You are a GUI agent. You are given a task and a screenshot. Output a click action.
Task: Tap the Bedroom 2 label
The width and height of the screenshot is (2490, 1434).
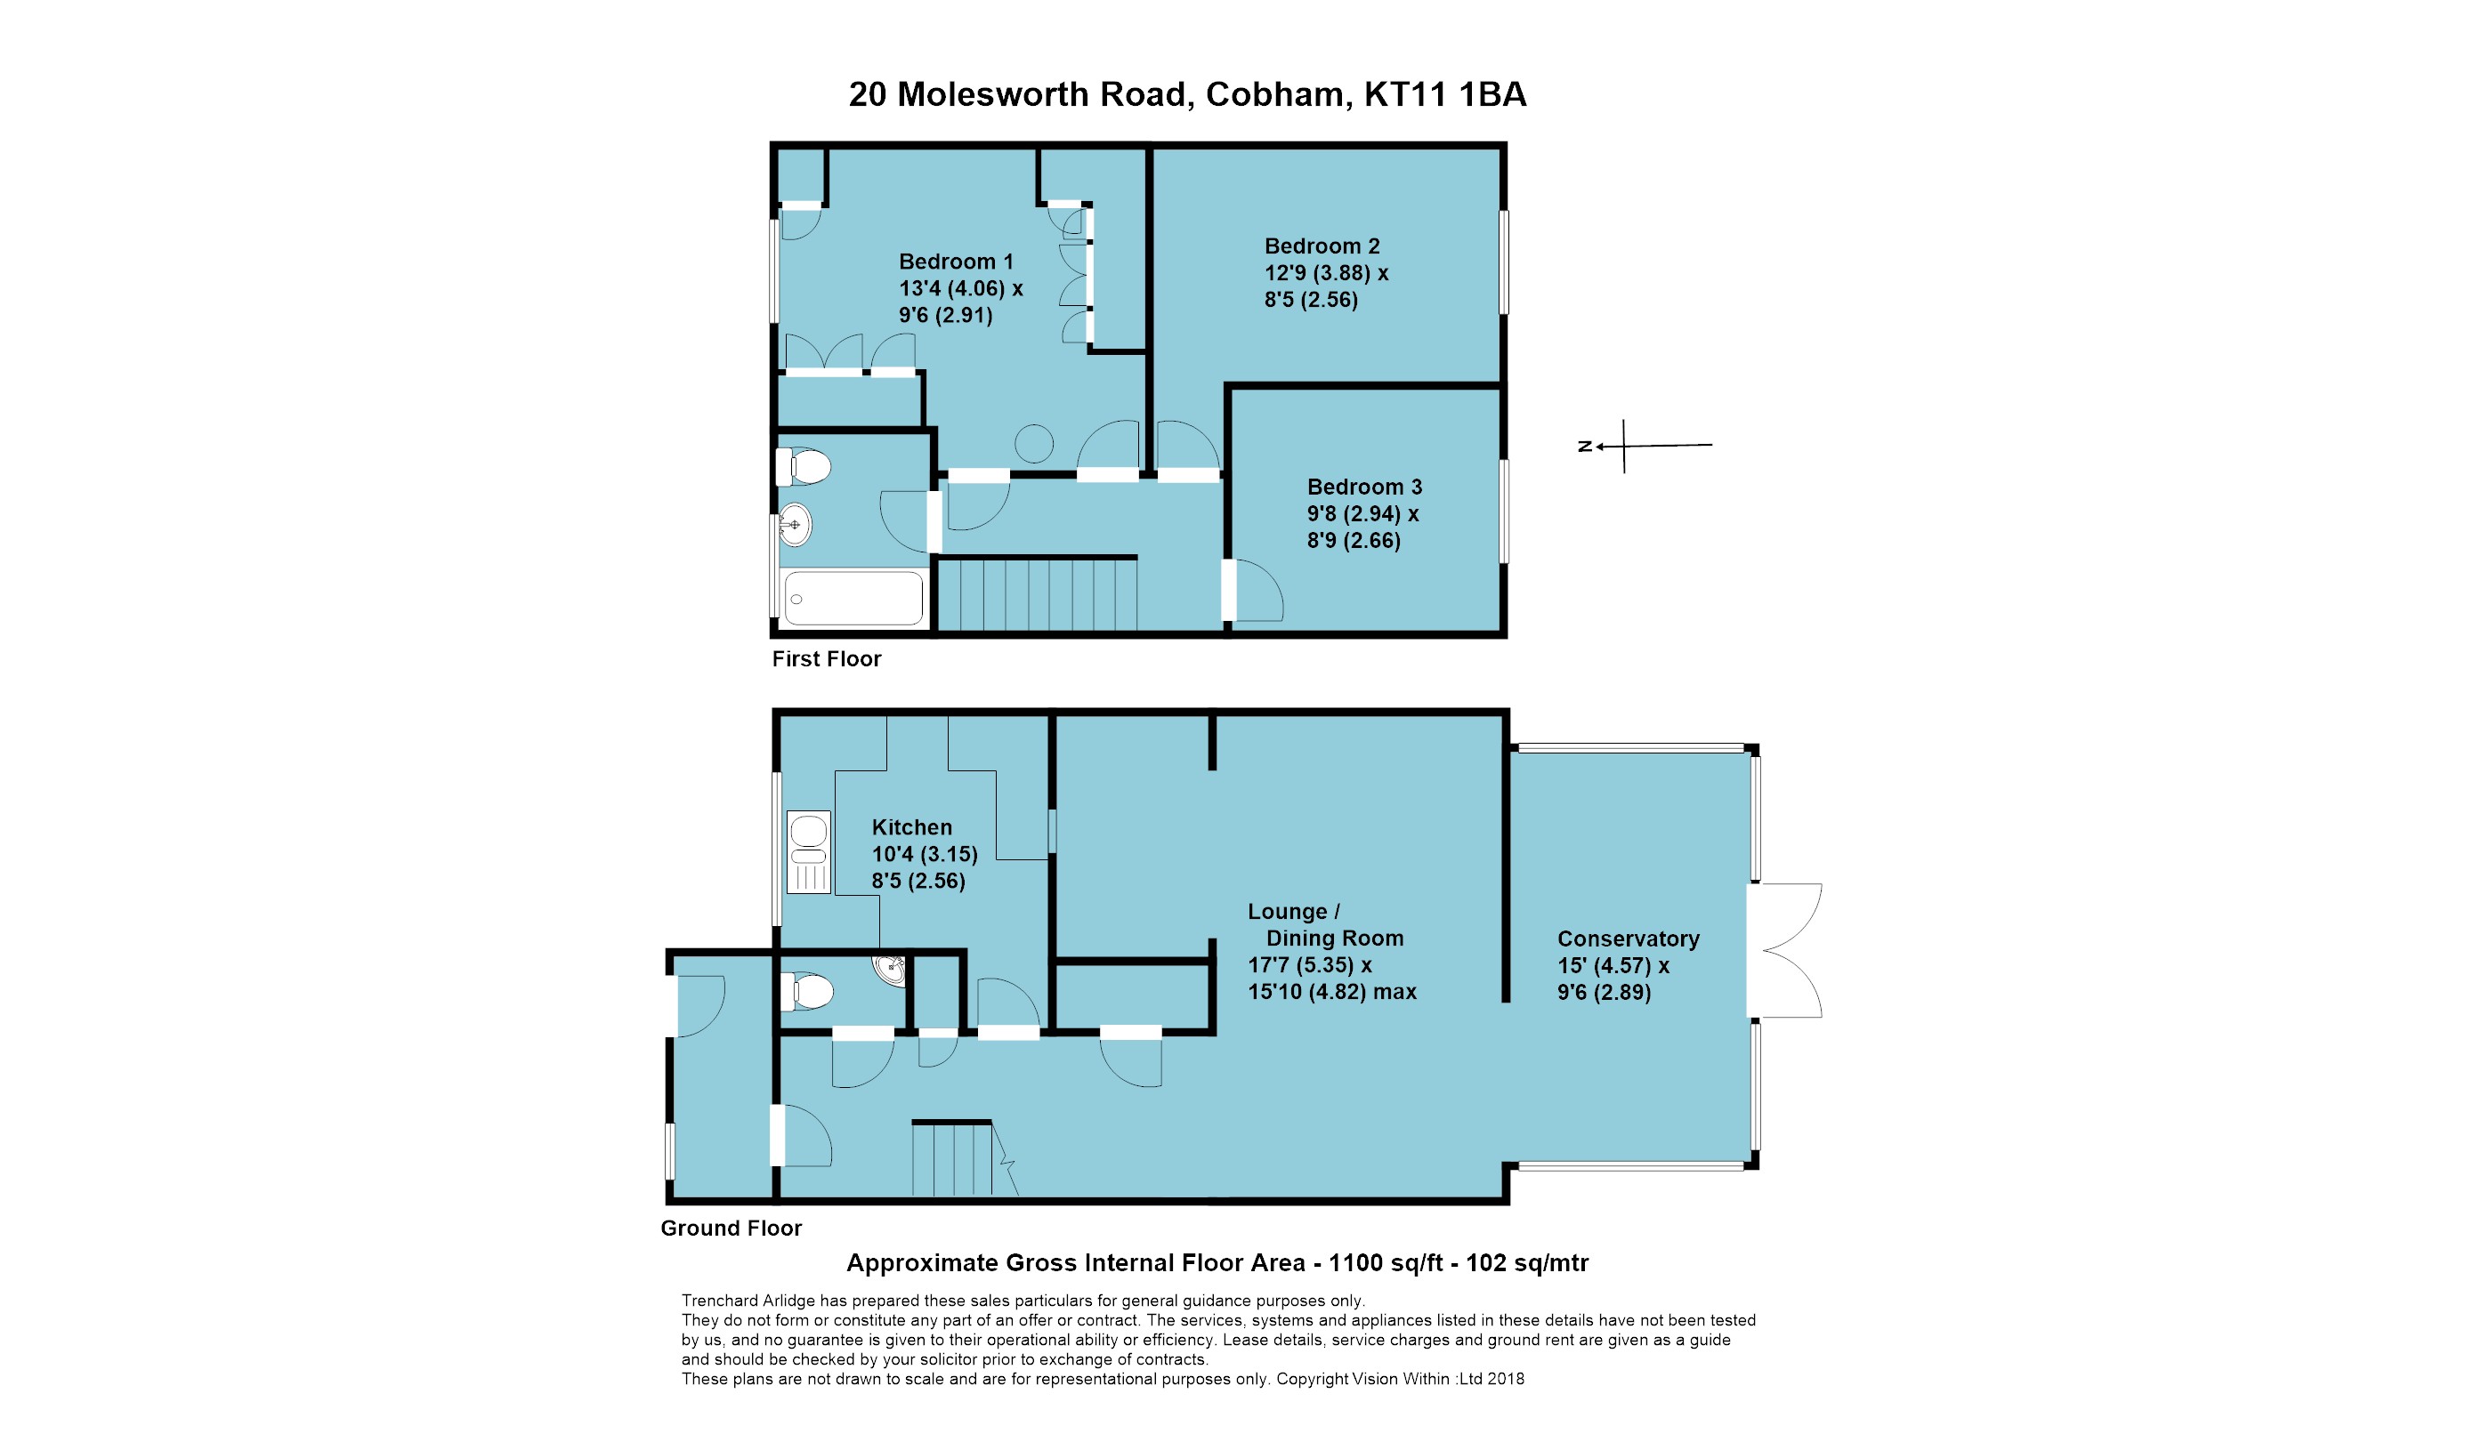click(x=1322, y=246)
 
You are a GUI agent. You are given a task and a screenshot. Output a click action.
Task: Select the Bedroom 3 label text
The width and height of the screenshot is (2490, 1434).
click(x=1364, y=487)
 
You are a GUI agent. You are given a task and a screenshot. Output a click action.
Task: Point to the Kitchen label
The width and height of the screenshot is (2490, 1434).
click(x=911, y=827)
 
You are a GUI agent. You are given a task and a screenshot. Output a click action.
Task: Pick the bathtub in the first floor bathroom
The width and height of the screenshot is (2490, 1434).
click(x=853, y=598)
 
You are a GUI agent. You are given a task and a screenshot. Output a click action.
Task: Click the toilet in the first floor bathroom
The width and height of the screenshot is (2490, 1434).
click(x=804, y=467)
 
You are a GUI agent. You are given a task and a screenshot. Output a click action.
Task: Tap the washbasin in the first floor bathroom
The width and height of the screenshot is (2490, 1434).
click(x=794, y=524)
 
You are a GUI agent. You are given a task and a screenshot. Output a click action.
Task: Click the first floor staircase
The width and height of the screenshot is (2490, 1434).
click(x=1036, y=594)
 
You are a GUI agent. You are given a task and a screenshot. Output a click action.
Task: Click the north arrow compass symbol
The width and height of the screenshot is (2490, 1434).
click(x=1625, y=447)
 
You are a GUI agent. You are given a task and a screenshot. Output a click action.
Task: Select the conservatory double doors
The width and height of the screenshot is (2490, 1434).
click(x=1785, y=950)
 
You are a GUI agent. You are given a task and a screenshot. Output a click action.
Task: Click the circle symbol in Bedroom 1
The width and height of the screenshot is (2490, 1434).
click(x=1034, y=443)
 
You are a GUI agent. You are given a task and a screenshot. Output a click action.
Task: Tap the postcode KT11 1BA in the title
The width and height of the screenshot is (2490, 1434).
click(x=1444, y=94)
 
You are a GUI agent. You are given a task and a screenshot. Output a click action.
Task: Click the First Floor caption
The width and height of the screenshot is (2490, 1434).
click(x=826, y=659)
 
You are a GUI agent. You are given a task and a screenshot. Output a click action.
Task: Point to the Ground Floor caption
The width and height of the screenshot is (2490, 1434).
click(x=731, y=1229)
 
